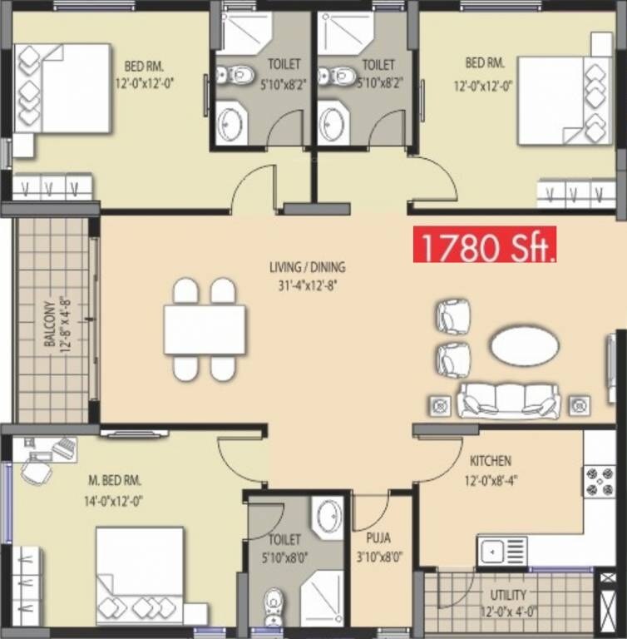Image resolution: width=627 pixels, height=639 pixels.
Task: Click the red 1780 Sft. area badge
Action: pos(485,246)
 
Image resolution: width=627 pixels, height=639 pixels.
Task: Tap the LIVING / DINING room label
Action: pos(307,268)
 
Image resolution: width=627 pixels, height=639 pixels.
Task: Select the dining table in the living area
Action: pos(205,330)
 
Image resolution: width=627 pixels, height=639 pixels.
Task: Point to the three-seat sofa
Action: pos(507,401)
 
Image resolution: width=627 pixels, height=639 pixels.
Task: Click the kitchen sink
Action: pos(502,551)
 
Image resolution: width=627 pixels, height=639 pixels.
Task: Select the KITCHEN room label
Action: pos(491,460)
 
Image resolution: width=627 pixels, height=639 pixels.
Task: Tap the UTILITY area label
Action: pos(507,595)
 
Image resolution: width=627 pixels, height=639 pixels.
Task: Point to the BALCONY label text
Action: pos(49,323)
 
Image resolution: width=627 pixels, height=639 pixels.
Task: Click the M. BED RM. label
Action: pos(115,481)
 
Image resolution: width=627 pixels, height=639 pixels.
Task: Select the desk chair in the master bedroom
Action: pos(36,471)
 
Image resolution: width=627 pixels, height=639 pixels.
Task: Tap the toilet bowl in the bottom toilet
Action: pos(274,604)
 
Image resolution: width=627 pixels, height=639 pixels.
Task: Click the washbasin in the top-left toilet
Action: pos(230,126)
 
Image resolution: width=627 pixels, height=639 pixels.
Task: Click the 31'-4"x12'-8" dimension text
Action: pos(307,285)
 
